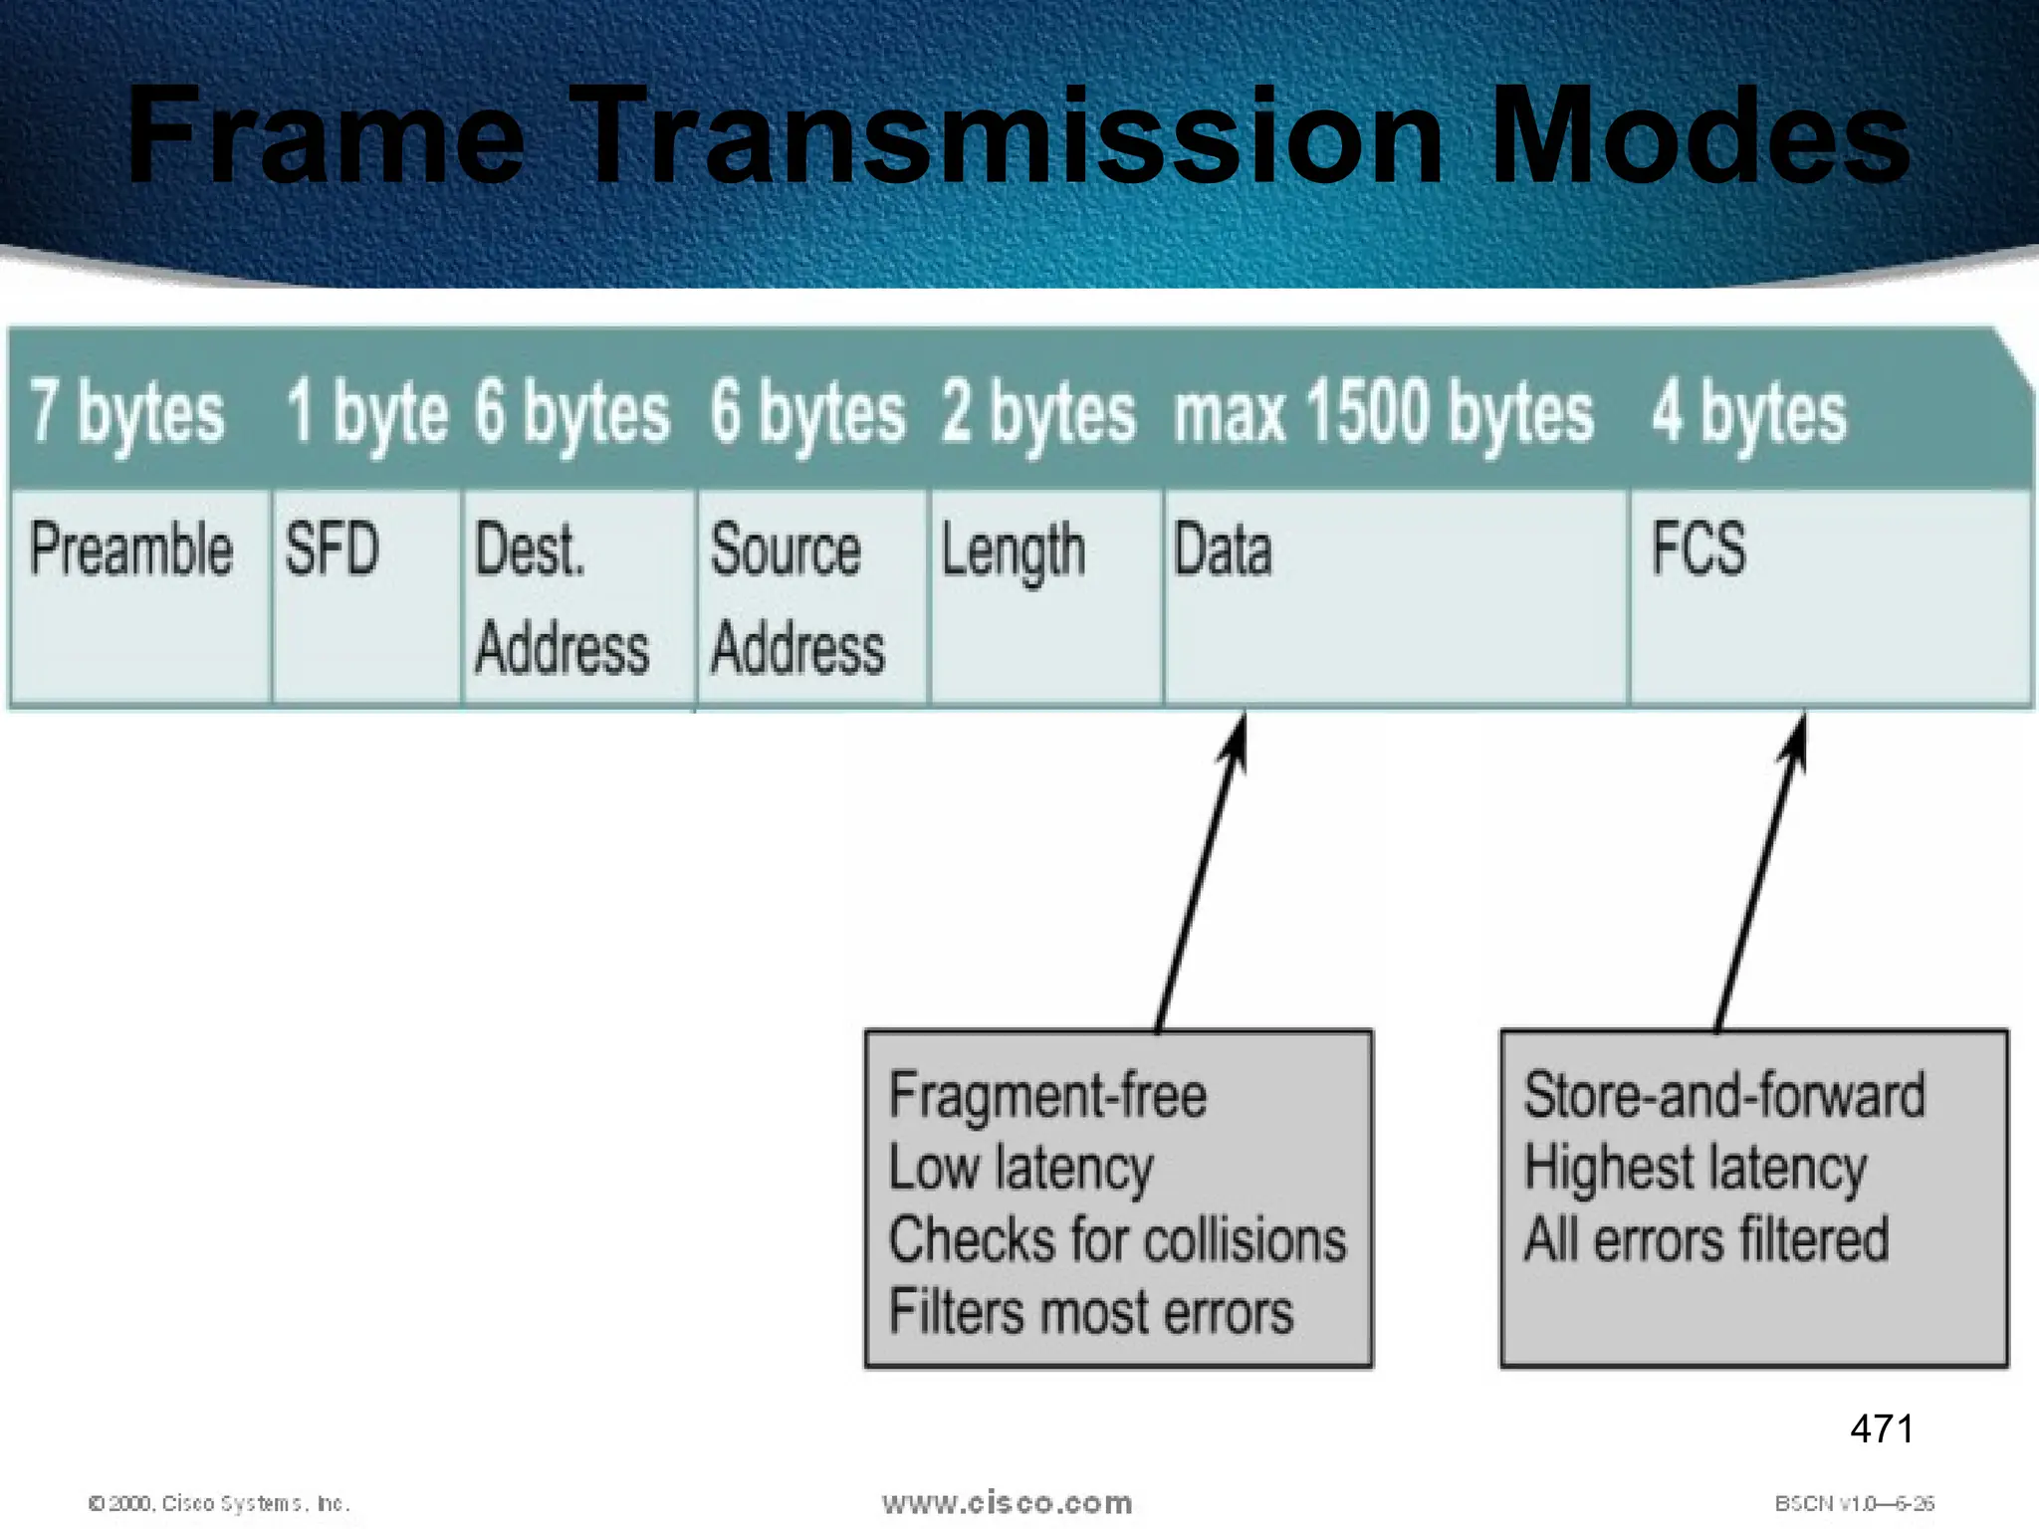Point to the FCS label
[x=1699, y=548]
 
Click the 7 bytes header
[x=126, y=412]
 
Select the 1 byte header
[x=366, y=412]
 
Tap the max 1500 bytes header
[x=1384, y=412]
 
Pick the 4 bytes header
[x=1749, y=412]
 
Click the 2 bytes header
[x=1037, y=412]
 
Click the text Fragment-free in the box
[x=1047, y=1096]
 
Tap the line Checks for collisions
[x=1117, y=1240]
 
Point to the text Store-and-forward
[x=1724, y=1096]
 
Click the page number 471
[x=1881, y=1429]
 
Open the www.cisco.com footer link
[x=1007, y=1503]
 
